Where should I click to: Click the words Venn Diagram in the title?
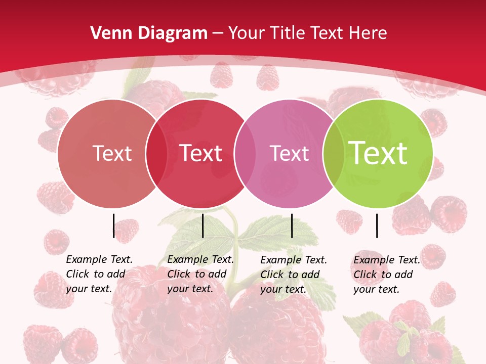149,33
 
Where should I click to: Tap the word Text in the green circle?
378,153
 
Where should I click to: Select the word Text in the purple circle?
289,154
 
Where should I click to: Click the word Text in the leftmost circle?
112,154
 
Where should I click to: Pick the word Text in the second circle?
200,154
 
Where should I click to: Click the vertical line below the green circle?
377,225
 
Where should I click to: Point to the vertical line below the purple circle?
292,225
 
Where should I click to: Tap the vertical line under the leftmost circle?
113,225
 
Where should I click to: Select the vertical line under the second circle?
202,225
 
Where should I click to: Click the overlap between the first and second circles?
156,154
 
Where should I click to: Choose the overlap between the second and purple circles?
245,154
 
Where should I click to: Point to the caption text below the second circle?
200,274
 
